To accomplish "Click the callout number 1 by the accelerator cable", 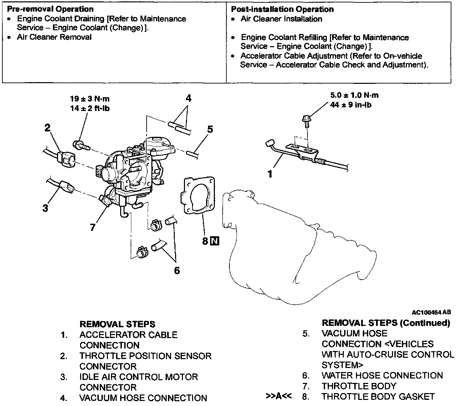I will pos(270,174).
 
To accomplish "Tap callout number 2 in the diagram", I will pos(48,128).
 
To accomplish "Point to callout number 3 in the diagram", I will pos(45,208).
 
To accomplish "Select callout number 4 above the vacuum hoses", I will pos(188,98).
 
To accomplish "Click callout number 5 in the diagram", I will pos(210,129).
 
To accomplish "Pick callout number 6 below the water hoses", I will pos(176,271).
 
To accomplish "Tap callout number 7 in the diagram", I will pos(93,227).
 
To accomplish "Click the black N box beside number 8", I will pos(214,241).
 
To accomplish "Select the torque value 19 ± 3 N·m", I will pos(90,99).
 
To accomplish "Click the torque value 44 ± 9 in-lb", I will pos(351,105).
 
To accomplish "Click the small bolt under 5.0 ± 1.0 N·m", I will pos(305,121).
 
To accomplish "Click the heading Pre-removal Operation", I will pos(50,9).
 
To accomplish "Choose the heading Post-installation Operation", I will pos(282,9).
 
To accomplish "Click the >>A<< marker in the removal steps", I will pos(278,396).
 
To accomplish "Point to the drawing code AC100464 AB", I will pos(431,312).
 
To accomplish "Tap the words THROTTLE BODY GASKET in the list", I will pos(378,396).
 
